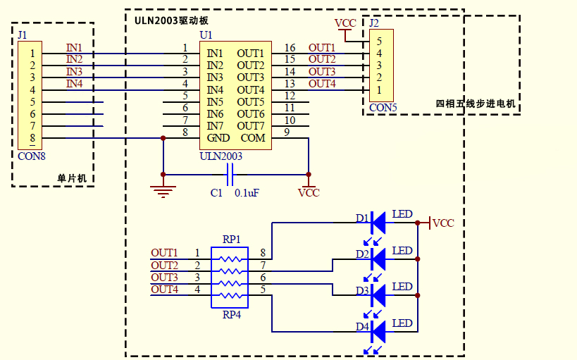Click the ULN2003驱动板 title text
pos(171,20)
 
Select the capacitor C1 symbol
pos(230,173)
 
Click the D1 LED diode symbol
pos(378,223)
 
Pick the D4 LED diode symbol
pos(378,331)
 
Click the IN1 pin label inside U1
pos(215,54)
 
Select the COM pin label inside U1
pos(253,137)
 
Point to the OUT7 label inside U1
pos(251,125)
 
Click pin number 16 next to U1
pos(290,48)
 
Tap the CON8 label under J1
pos(32,156)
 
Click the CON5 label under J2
pos(383,108)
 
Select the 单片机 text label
pos(71,179)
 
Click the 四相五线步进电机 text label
pos(476,104)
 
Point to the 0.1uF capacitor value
pos(247,192)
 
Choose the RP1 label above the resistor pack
pos(231,240)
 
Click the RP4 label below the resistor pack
pos(231,315)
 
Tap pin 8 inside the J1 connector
pos(32,138)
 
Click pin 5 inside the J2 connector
pos(379,41)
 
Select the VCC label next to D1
pos(443,223)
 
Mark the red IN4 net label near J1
pos(74,84)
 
